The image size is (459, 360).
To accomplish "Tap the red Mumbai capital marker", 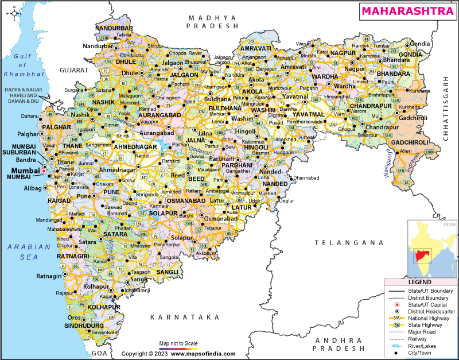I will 44,171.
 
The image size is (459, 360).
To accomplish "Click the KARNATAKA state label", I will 185,317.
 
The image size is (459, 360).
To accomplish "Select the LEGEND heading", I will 421,283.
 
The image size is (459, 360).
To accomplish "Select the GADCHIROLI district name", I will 409,142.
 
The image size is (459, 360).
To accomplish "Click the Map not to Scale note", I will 178,343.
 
